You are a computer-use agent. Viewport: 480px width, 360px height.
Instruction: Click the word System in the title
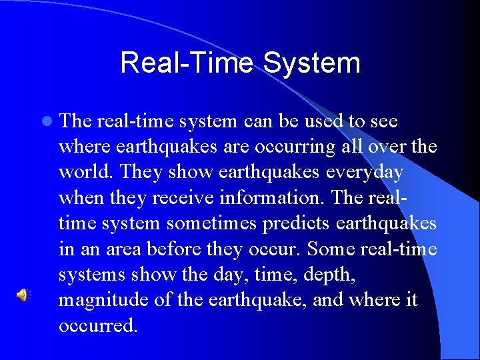point(311,63)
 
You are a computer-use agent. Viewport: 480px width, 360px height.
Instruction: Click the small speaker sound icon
point(23,295)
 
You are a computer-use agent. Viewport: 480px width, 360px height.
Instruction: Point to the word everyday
point(365,172)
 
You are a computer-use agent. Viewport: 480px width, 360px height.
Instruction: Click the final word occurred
point(98,325)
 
